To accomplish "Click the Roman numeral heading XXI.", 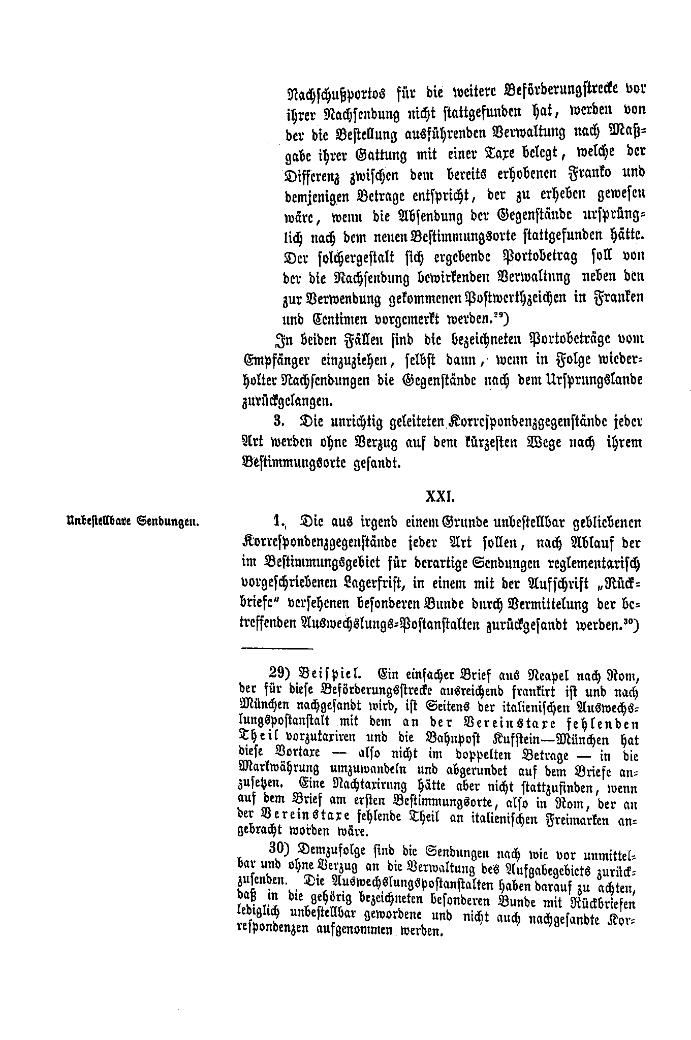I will [439, 496].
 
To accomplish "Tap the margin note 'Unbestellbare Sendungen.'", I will [132, 522].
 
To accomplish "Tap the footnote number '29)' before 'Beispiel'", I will [279, 673].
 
